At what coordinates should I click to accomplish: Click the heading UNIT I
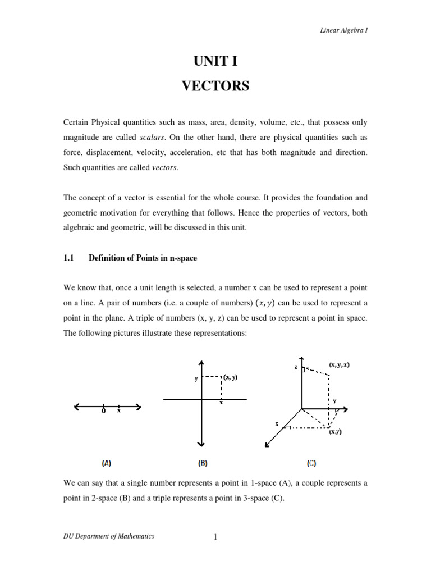point(215,61)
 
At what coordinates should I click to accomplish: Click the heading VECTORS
point(215,86)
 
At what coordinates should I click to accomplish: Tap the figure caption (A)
point(107,463)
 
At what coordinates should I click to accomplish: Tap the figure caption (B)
point(203,463)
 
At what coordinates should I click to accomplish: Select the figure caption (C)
point(311,463)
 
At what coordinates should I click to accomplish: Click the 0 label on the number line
point(104,411)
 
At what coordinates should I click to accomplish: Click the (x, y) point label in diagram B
point(230,377)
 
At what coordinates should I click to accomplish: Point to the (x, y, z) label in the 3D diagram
point(340,364)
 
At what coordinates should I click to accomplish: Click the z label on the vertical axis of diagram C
point(295,367)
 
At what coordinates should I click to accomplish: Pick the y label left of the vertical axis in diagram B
point(196,379)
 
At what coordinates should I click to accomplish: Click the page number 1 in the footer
point(215,537)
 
